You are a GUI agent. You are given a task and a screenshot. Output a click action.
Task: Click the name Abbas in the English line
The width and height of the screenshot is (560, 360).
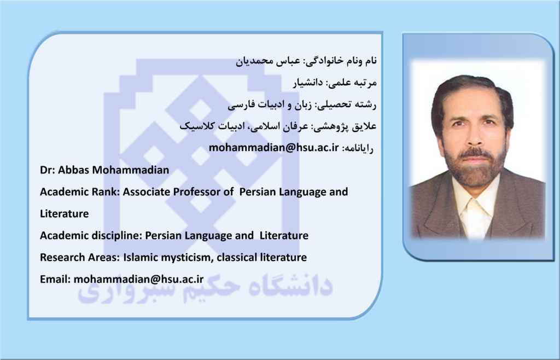point(74,170)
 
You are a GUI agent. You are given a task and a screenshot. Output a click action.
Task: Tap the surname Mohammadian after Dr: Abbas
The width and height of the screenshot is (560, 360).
point(131,170)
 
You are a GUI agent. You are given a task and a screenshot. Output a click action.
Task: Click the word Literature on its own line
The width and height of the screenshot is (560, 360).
point(65,213)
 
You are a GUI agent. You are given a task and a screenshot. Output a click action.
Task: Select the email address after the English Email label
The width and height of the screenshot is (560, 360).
point(138,279)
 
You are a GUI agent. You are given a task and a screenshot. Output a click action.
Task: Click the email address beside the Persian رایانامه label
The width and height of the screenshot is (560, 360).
point(273,148)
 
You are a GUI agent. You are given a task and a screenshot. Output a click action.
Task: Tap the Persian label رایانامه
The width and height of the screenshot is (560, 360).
point(358,148)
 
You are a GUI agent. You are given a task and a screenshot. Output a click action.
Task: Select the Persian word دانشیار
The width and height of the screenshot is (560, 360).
point(308,83)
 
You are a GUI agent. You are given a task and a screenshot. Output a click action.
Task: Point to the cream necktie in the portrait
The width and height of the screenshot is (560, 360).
point(475,218)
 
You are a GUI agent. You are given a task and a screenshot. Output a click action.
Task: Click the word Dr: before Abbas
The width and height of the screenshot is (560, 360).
point(48,170)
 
